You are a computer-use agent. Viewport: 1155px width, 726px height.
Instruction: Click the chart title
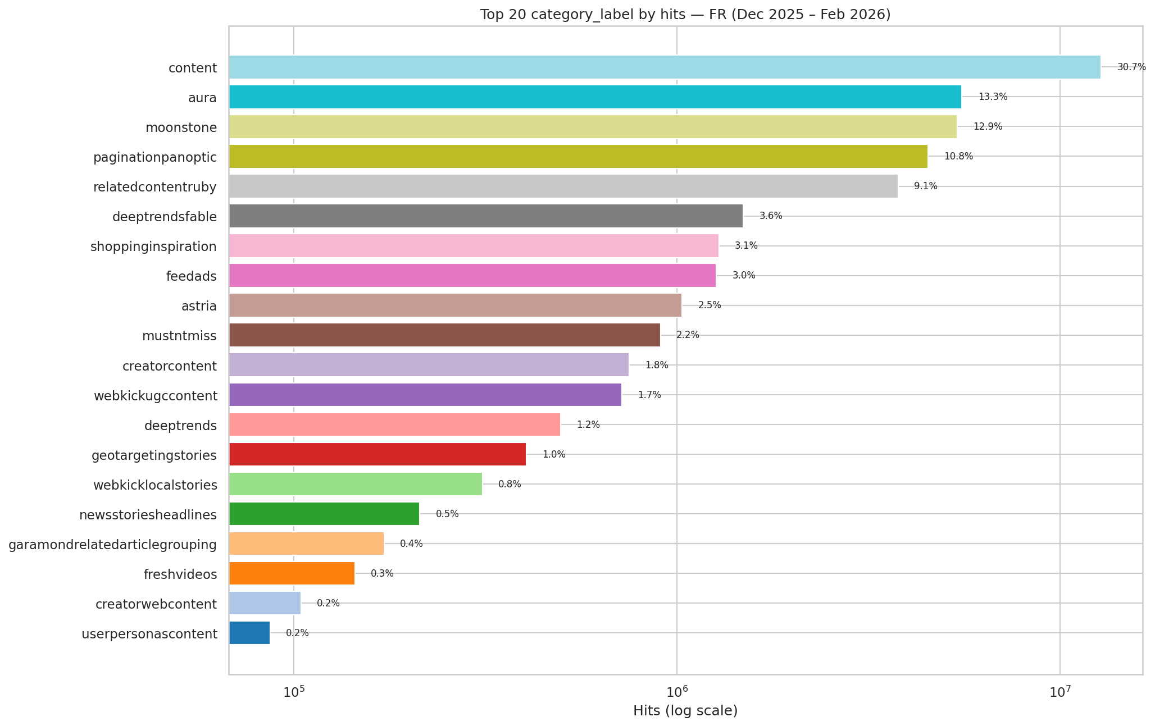pyautogui.click(x=685, y=15)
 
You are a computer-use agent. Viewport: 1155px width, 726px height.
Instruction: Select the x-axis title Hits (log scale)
pyautogui.click(x=685, y=711)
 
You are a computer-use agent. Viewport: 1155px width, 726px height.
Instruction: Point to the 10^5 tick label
pyautogui.click(x=293, y=692)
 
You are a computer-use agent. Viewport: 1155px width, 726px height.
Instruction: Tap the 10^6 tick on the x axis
pyautogui.click(x=676, y=692)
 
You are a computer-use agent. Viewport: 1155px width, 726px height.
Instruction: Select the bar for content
pyautogui.click(x=664, y=67)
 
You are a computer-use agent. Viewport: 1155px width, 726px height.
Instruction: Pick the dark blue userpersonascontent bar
pyautogui.click(x=249, y=633)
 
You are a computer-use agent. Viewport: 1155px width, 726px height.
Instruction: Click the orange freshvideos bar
pyautogui.click(x=292, y=573)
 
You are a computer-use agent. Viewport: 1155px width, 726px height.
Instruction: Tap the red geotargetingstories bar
pyautogui.click(x=377, y=454)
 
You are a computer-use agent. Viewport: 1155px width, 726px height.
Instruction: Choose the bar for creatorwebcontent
pyautogui.click(x=265, y=603)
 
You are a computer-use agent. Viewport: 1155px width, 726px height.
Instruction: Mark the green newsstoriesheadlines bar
pyautogui.click(x=324, y=514)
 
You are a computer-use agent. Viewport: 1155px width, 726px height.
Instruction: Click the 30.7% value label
pyautogui.click(x=1131, y=67)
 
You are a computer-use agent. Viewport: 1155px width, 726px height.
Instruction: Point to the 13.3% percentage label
pyautogui.click(x=993, y=97)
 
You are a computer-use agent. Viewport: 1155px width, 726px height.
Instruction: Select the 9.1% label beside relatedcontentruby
pyautogui.click(x=925, y=186)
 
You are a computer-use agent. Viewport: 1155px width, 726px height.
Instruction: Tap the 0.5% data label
pyautogui.click(x=447, y=514)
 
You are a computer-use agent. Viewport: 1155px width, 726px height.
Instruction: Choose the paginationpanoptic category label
pyautogui.click(x=155, y=157)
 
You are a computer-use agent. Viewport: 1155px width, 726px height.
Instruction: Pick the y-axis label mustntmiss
pyautogui.click(x=179, y=336)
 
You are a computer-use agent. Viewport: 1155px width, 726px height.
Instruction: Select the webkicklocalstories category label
pyautogui.click(x=155, y=485)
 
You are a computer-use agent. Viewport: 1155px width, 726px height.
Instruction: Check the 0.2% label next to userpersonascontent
pyautogui.click(x=297, y=633)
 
